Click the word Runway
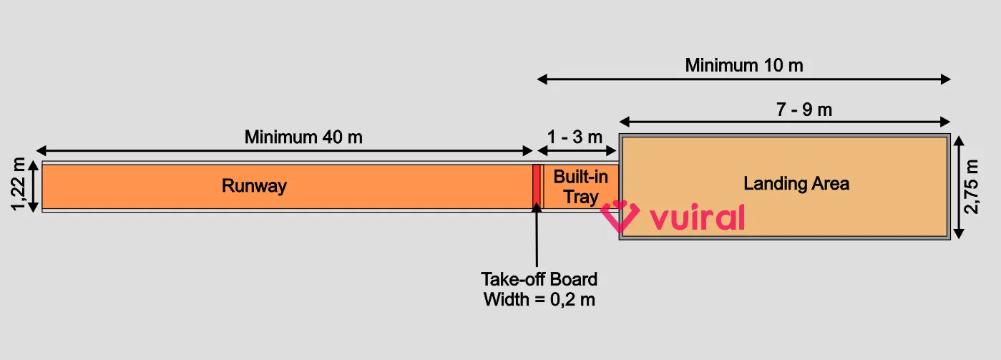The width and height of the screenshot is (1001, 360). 254,186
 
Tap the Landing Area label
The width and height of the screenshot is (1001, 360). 796,183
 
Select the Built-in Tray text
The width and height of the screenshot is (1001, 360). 580,187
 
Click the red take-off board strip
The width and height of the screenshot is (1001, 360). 535,187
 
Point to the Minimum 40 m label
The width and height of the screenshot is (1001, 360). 303,137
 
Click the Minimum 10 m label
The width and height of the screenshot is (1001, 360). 744,65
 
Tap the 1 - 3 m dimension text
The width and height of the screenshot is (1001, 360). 575,137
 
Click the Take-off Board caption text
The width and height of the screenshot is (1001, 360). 539,278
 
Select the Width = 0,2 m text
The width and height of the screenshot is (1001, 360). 539,299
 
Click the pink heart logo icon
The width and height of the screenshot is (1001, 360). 619,216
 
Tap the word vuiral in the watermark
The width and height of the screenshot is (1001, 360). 697,218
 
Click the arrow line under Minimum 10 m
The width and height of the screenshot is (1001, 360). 744,79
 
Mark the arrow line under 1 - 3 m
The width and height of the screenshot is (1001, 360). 577,150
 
